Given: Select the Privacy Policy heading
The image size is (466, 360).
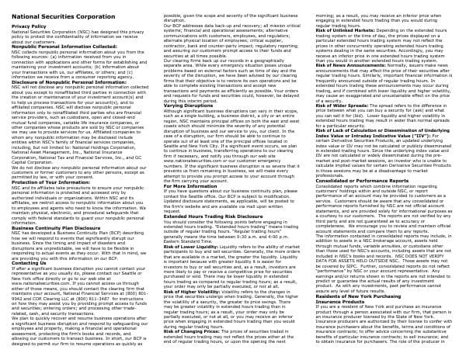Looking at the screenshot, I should [x=29, y=26].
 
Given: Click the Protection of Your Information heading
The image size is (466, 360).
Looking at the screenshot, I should [x=48, y=181].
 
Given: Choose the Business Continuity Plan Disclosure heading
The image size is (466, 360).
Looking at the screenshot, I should [x=56, y=228].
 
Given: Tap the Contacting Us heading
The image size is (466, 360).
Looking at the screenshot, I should [x=30, y=263].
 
